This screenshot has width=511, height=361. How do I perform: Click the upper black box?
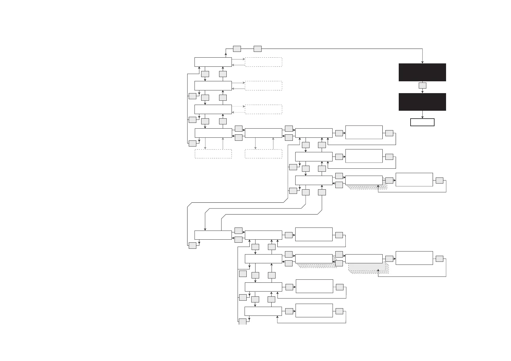[422, 72]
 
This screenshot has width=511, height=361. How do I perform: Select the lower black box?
[422, 102]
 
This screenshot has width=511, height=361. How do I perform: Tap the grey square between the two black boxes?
[422, 86]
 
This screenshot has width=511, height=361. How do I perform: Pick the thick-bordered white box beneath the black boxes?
[422, 122]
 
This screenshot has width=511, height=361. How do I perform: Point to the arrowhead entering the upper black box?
[422, 62]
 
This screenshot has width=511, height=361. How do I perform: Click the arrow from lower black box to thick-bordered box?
[422, 115]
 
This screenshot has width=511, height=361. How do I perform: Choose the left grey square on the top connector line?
[237, 49]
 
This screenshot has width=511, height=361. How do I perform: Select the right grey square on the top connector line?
[258, 49]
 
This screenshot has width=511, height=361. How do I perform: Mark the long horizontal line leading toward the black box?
[340, 49]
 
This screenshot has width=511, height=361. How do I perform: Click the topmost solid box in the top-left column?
[213, 62]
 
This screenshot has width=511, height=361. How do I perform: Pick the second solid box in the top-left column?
[213, 86]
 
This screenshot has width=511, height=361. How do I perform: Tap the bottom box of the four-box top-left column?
[213, 133]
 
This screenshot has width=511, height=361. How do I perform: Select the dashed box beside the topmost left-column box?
[263, 62]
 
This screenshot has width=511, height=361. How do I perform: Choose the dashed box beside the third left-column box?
[263, 109]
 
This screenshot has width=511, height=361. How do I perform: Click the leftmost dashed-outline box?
[213, 154]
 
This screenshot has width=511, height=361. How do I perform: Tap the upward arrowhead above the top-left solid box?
[226, 54]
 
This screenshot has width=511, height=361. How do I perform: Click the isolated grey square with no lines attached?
[243, 274]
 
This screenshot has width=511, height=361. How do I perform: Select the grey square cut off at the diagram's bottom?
[242, 322]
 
